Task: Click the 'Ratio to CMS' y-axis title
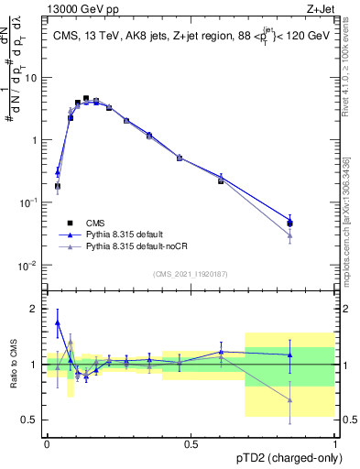click(13, 363)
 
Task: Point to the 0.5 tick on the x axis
click(191, 443)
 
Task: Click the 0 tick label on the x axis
click(47, 443)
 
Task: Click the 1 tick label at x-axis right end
click(334, 443)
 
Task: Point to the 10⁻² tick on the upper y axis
click(30, 266)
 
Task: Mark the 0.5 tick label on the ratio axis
click(31, 420)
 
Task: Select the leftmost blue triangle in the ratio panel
click(58, 322)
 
